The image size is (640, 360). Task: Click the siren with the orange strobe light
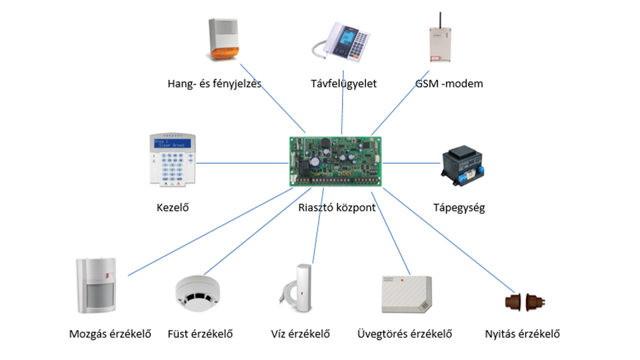click(x=223, y=39)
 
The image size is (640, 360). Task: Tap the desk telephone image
click(x=341, y=41)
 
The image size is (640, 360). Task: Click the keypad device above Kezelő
click(x=173, y=159)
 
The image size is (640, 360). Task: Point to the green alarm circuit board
click(x=335, y=161)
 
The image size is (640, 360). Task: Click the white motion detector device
click(x=96, y=285)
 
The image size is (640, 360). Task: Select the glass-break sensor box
click(x=407, y=294)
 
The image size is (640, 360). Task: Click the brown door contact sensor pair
click(x=525, y=302)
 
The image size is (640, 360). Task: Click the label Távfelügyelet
click(x=343, y=84)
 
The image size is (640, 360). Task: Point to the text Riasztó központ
click(x=337, y=207)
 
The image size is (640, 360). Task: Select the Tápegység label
click(x=459, y=208)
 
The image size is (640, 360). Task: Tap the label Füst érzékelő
click(x=200, y=334)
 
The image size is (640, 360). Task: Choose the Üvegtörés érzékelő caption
click(x=405, y=334)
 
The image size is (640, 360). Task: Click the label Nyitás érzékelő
click(x=522, y=334)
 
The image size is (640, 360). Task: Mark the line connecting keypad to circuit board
click(x=243, y=163)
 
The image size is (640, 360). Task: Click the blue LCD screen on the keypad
click(x=172, y=143)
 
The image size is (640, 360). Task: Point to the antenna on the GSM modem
click(x=440, y=20)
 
